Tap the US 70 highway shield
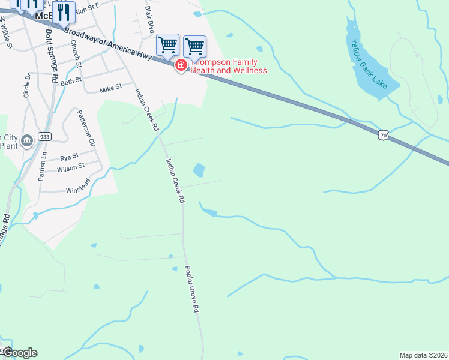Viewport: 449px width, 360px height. (383, 135)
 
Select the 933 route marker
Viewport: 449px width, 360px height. (44, 137)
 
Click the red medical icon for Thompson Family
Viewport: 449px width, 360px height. (181, 65)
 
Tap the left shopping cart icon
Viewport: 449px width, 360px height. (168, 44)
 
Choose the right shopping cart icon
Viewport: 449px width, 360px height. (194, 46)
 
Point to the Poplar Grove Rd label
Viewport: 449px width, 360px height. (191, 290)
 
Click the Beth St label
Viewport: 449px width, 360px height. (70, 80)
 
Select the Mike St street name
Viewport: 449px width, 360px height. (110, 88)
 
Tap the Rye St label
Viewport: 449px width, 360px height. (69, 158)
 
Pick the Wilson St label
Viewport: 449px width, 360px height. (71, 168)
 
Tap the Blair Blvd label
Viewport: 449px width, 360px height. (149, 22)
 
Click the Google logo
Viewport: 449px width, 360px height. (19, 353)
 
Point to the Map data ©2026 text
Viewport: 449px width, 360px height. (423, 355)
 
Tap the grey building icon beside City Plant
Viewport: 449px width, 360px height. (26, 141)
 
